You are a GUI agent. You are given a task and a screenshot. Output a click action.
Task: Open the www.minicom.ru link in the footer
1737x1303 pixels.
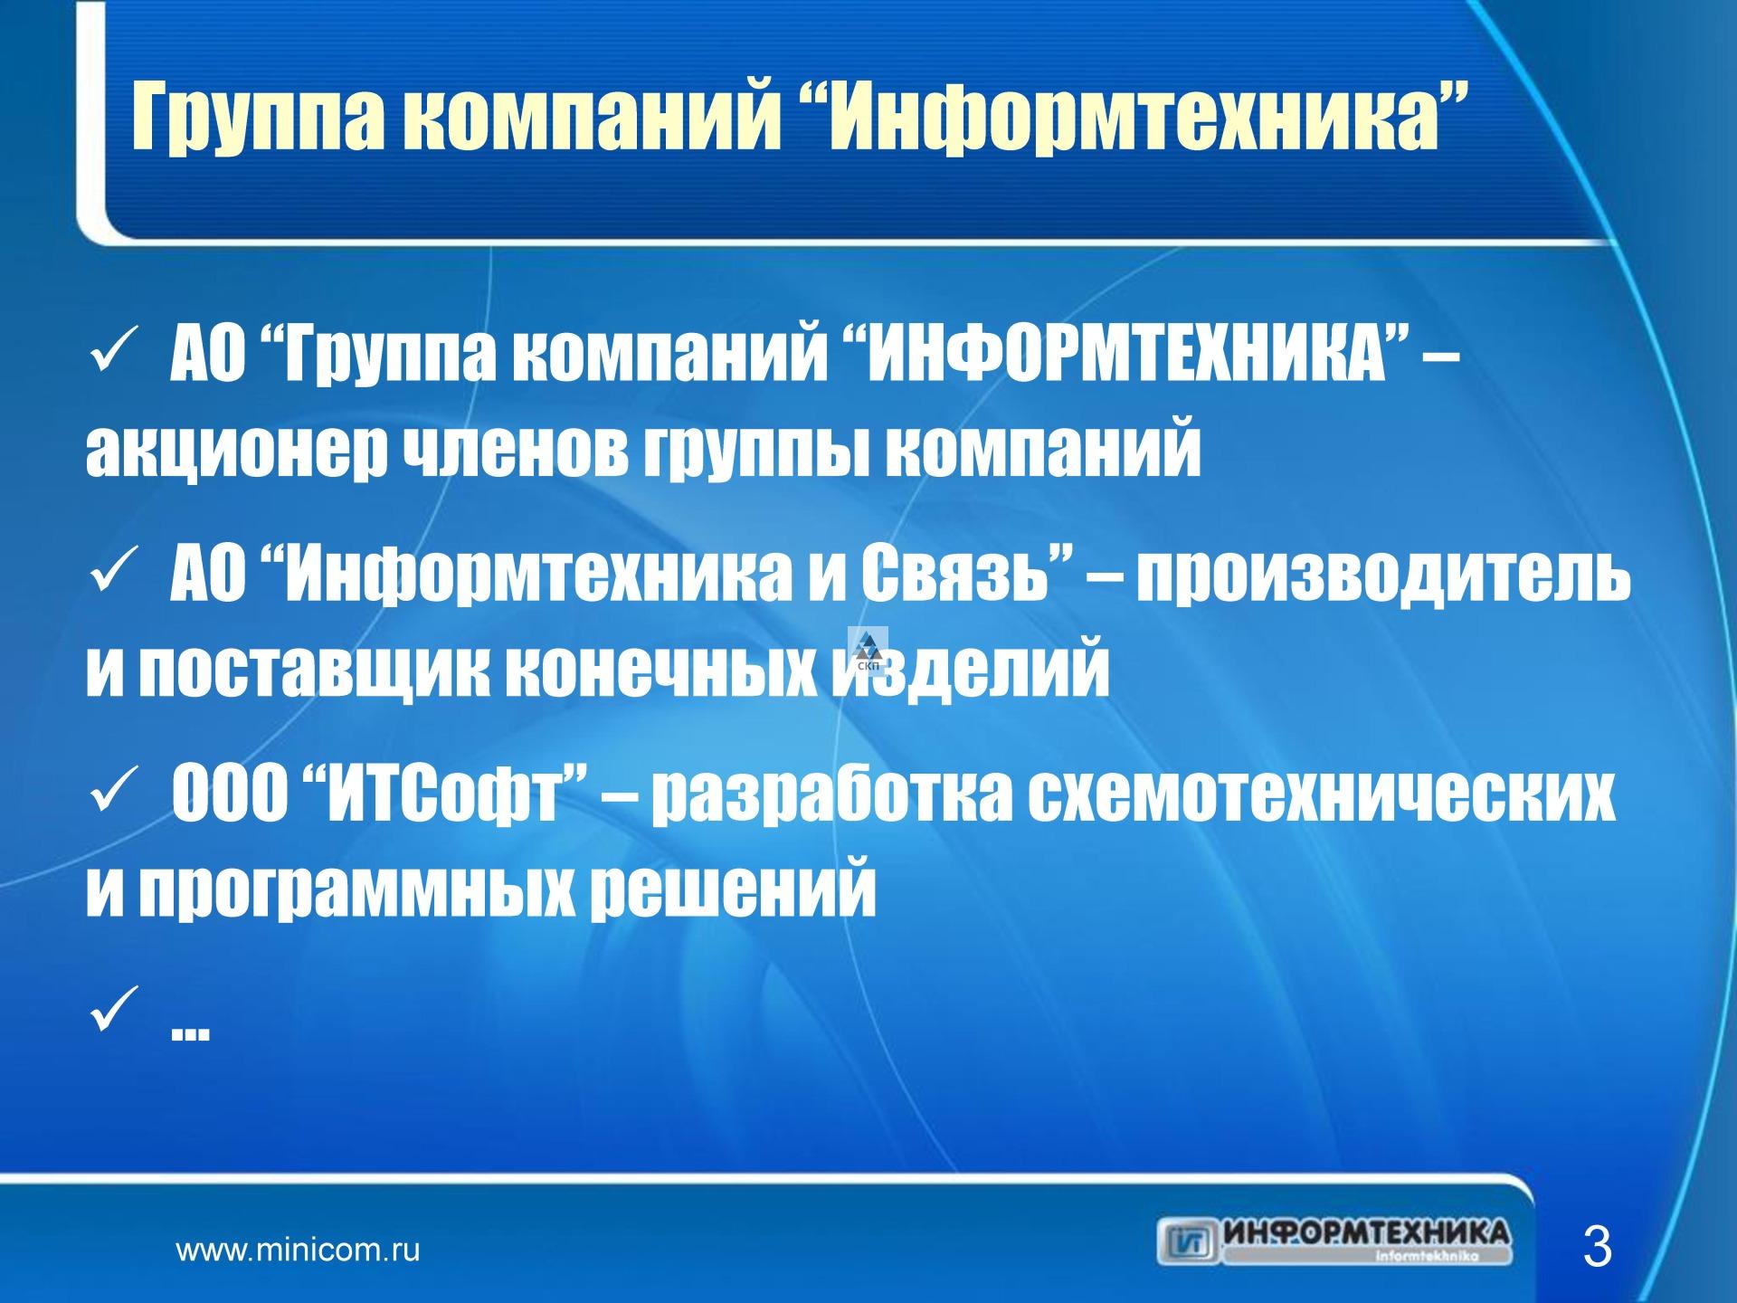(x=298, y=1251)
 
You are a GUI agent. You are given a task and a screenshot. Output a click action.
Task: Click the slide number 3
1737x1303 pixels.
(x=1597, y=1247)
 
